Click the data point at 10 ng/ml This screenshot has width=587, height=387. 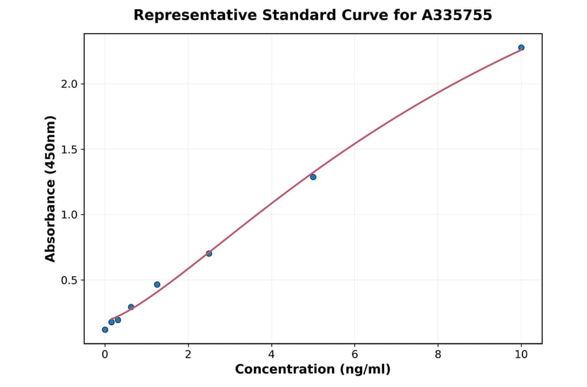coord(521,48)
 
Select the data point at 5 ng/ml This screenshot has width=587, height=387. coord(313,177)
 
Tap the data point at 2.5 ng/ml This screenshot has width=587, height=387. coord(209,253)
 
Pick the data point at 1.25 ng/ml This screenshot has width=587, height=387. coord(157,285)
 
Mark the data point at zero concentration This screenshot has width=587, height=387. coord(105,330)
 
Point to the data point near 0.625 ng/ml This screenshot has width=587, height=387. coord(131,307)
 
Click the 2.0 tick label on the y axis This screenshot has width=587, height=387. coord(68,84)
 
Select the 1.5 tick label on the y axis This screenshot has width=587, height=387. coord(68,149)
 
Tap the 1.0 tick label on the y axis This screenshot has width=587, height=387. coord(68,215)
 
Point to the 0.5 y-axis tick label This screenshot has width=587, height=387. coord(68,280)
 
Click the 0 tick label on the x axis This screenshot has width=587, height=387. coord(105,354)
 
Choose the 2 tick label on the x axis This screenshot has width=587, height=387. coord(188,354)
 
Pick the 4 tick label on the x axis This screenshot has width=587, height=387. coord(271,354)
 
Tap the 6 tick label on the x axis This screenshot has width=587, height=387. coord(355,354)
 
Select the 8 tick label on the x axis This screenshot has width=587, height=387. coord(438,354)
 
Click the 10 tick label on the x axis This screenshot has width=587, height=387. coord(521,354)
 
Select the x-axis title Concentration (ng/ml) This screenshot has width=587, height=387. coord(312,370)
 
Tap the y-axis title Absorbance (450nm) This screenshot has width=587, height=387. coord(50,188)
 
